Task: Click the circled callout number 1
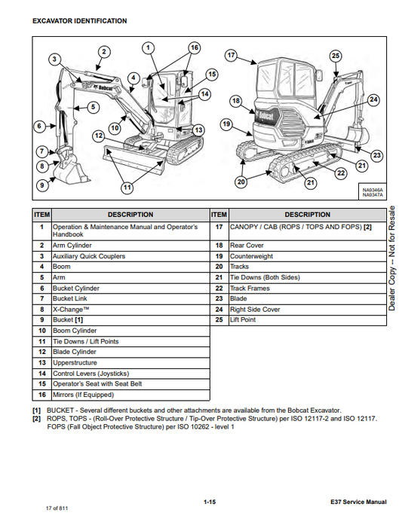click(148, 48)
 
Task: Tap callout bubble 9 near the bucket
click(42, 185)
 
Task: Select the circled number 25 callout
click(336, 56)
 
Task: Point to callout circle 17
click(231, 55)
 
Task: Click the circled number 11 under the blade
click(127, 188)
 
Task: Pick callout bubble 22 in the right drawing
click(341, 172)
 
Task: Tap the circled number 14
click(205, 94)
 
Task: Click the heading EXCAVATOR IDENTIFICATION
click(79, 21)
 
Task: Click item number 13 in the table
click(42, 363)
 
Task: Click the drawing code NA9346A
click(373, 190)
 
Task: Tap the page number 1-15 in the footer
click(210, 502)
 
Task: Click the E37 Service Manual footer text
click(358, 502)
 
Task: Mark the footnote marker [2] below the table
click(36, 419)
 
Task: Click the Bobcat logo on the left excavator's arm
click(103, 87)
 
